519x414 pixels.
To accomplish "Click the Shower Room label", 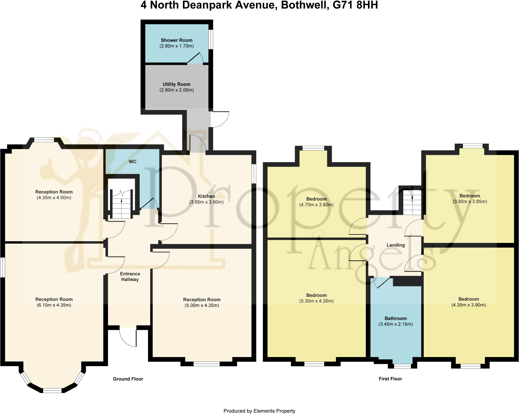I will pos(176,40).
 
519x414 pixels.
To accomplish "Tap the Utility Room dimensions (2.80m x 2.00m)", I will pos(176,90).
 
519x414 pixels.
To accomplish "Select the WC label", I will pos(132,162).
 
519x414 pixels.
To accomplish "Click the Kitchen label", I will pos(206,196).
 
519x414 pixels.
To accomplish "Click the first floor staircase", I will pos(412,203).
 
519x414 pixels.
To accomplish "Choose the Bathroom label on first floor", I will pos(395,318).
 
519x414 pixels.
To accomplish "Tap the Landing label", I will pos(395,245).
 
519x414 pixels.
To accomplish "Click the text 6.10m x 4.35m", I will pos(54,305).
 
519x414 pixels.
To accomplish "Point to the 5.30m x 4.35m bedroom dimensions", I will pos(316,301).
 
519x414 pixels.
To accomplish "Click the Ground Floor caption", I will pos(128,379).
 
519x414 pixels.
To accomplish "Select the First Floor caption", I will pos(390,379).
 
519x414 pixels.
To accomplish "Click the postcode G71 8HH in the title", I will pos(355,5).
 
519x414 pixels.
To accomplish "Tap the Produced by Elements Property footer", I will pos(259,411).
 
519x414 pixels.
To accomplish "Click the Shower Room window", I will pos(211,39).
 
